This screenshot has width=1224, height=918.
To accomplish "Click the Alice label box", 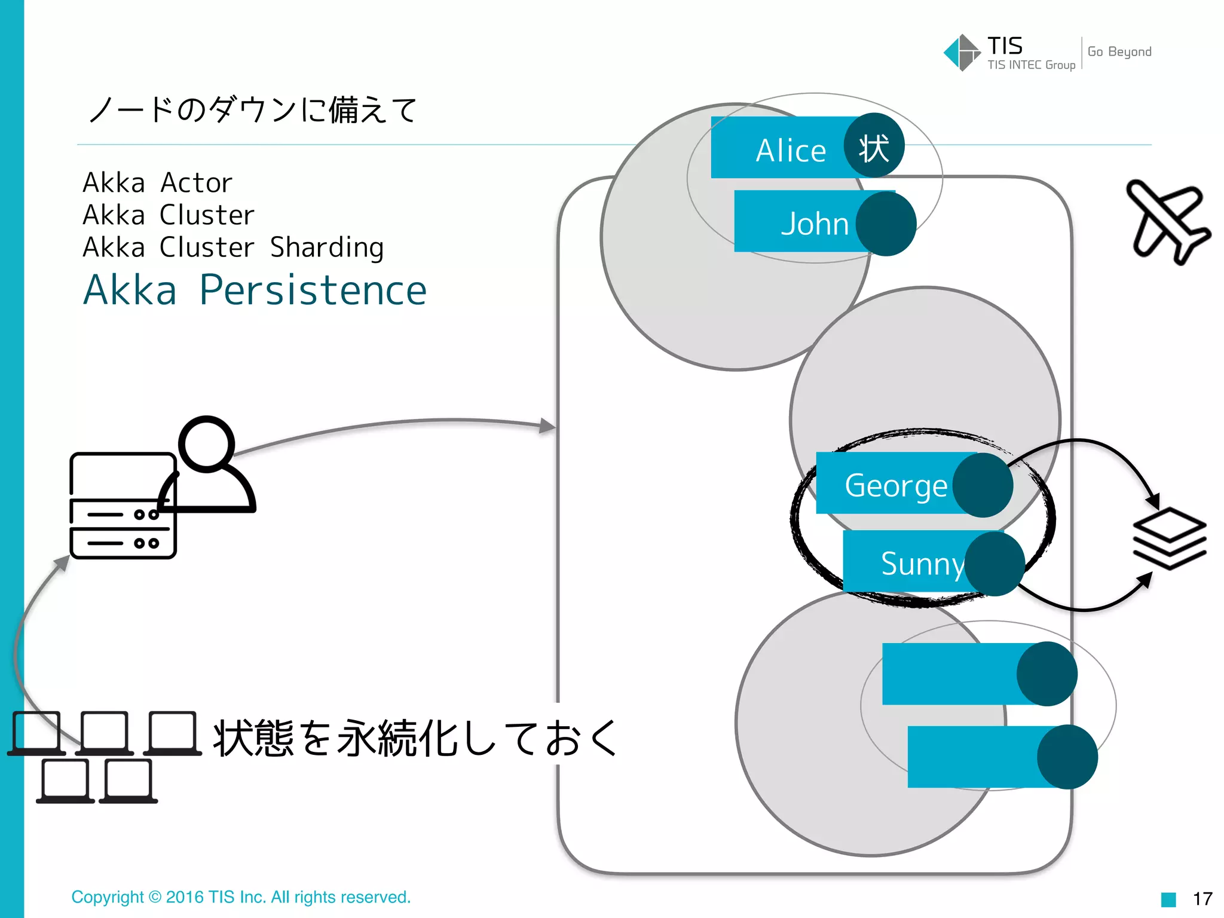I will (x=789, y=149).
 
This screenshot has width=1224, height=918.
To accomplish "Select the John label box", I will (x=801, y=222).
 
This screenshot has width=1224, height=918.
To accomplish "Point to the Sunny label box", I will (x=908, y=562).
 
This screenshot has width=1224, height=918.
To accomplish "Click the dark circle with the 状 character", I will (x=874, y=146).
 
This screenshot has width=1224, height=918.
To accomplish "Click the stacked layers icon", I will (x=1170, y=538).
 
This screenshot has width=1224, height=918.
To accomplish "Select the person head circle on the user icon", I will (x=207, y=444).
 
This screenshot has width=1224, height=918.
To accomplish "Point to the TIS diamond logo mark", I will (x=962, y=53).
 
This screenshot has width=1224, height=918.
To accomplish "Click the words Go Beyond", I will (x=1119, y=52).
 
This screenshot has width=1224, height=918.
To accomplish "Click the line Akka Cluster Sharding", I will (x=233, y=247).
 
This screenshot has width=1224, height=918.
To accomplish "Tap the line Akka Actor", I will (x=157, y=183).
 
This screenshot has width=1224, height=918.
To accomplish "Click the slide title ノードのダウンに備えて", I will (x=253, y=110).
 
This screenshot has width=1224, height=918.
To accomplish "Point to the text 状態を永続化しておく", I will (x=415, y=738).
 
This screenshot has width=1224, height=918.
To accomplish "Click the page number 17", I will (x=1202, y=898).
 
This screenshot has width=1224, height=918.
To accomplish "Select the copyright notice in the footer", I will (x=241, y=897).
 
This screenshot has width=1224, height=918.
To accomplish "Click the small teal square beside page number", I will (x=1168, y=899).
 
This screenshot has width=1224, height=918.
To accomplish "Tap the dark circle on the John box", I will (x=886, y=224).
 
